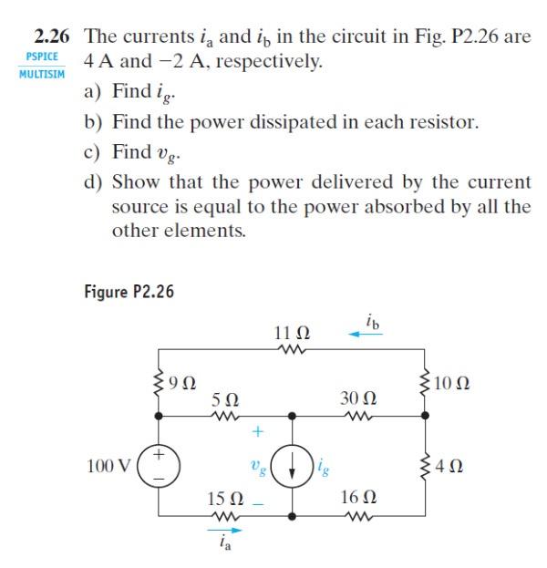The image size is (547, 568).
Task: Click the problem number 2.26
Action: [53, 38]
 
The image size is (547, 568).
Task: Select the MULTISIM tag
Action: [41, 73]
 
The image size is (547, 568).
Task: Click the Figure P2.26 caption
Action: [128, 292]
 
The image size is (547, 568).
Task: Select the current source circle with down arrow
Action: [292, 468]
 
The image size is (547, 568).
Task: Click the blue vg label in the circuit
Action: [257, 468]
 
